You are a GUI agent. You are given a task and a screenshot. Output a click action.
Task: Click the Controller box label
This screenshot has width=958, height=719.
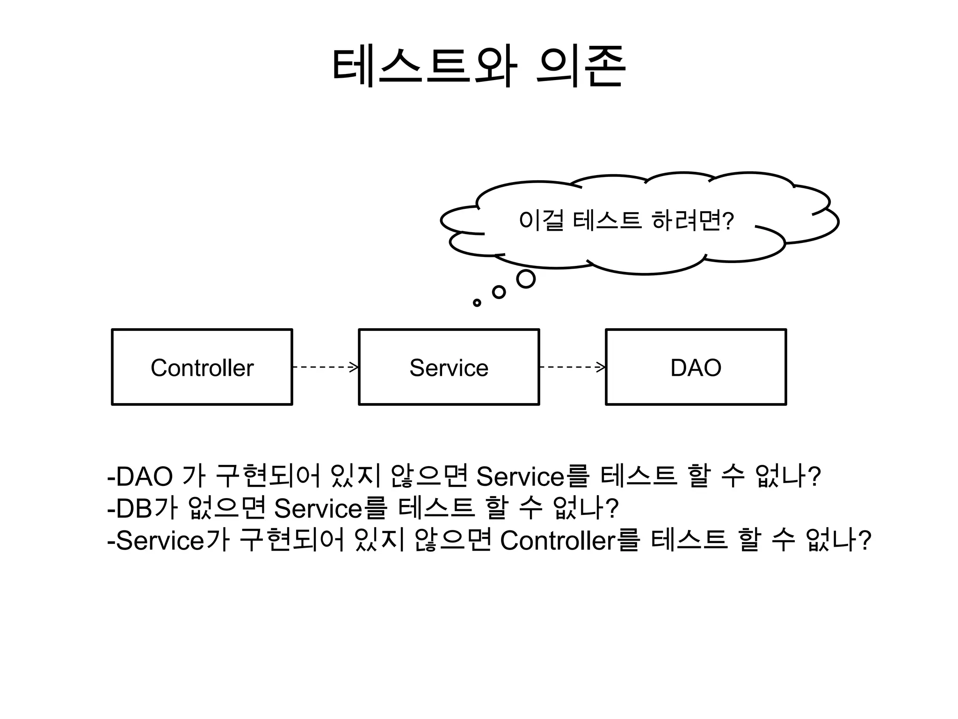pos(202,368)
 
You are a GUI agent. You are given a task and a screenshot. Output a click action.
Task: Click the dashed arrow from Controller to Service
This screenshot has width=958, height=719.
pos(325,367)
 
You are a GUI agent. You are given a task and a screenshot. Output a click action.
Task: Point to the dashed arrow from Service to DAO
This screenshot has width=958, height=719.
pos(572,367)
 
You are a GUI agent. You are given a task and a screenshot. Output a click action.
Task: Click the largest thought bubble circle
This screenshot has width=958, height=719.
pos(525,279)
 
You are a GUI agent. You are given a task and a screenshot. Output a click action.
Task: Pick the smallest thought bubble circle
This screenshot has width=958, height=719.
pos(477,303)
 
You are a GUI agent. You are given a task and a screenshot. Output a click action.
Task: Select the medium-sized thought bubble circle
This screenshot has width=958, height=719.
pos(499,292)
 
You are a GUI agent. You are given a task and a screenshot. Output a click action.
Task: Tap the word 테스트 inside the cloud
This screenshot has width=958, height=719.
pos(607,220)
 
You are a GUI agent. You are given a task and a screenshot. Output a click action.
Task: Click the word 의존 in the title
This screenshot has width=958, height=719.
pos(581,67)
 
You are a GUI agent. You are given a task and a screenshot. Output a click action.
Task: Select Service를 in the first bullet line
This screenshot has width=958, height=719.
pos(531,477)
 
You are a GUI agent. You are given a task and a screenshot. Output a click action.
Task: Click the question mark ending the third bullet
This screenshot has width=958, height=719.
pos(865,540)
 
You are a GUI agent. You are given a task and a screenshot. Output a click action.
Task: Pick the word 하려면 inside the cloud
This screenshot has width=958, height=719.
pos(686,220)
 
